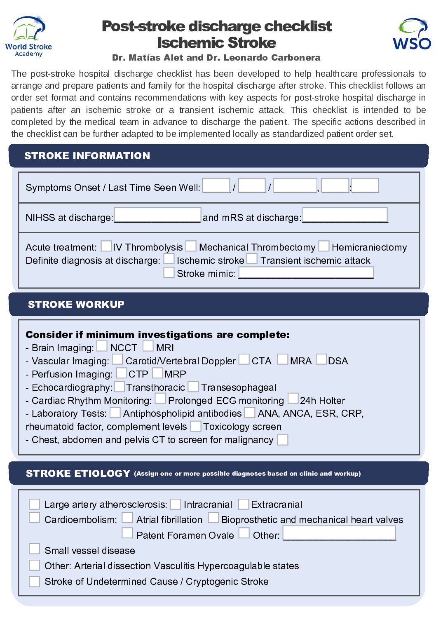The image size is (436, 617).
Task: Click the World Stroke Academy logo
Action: [28, 37]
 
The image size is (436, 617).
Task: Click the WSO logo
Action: [412, 34]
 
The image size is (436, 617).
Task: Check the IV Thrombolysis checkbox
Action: [106, 246]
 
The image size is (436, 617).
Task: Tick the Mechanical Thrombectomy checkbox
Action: [191, 246]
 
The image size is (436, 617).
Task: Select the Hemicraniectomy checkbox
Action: [324, 246]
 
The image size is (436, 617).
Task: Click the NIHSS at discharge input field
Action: [157, 215]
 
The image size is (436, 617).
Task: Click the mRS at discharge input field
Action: [345, 215]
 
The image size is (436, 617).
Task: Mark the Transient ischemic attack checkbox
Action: [252, 259]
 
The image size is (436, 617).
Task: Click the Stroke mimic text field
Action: [306, 272]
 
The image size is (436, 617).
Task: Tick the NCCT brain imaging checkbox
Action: [102, 346]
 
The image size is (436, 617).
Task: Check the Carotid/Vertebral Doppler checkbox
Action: [117, 359]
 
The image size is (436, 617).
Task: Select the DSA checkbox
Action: [321, 359]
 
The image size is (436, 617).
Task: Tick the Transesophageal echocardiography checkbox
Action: [193, 387]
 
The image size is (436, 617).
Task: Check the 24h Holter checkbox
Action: [293, 399]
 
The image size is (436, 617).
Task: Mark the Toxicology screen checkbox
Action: [196, 426]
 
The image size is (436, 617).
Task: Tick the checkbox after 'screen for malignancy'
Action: [283, 440]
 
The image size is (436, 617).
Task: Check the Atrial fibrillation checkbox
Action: [127, 518]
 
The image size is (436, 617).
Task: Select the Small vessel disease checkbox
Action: [34, 549]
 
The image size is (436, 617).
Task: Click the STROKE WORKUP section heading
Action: [76, 305]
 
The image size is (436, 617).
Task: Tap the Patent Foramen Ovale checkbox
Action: [127, 533]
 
